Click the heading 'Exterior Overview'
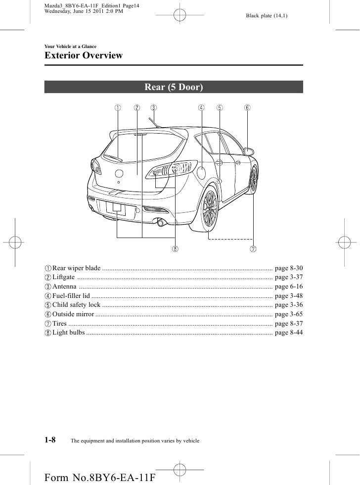point(84,56)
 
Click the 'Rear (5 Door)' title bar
point(174,88)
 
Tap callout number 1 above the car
point(118,107)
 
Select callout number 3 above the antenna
point(154,107)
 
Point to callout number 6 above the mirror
point(247,107)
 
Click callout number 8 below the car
point(175,247)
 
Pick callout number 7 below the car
point(253,247)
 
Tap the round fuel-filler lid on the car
point(202,173)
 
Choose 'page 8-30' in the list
point(288,268)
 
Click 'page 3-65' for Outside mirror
point(288,314)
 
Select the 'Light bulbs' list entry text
point(68,332)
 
